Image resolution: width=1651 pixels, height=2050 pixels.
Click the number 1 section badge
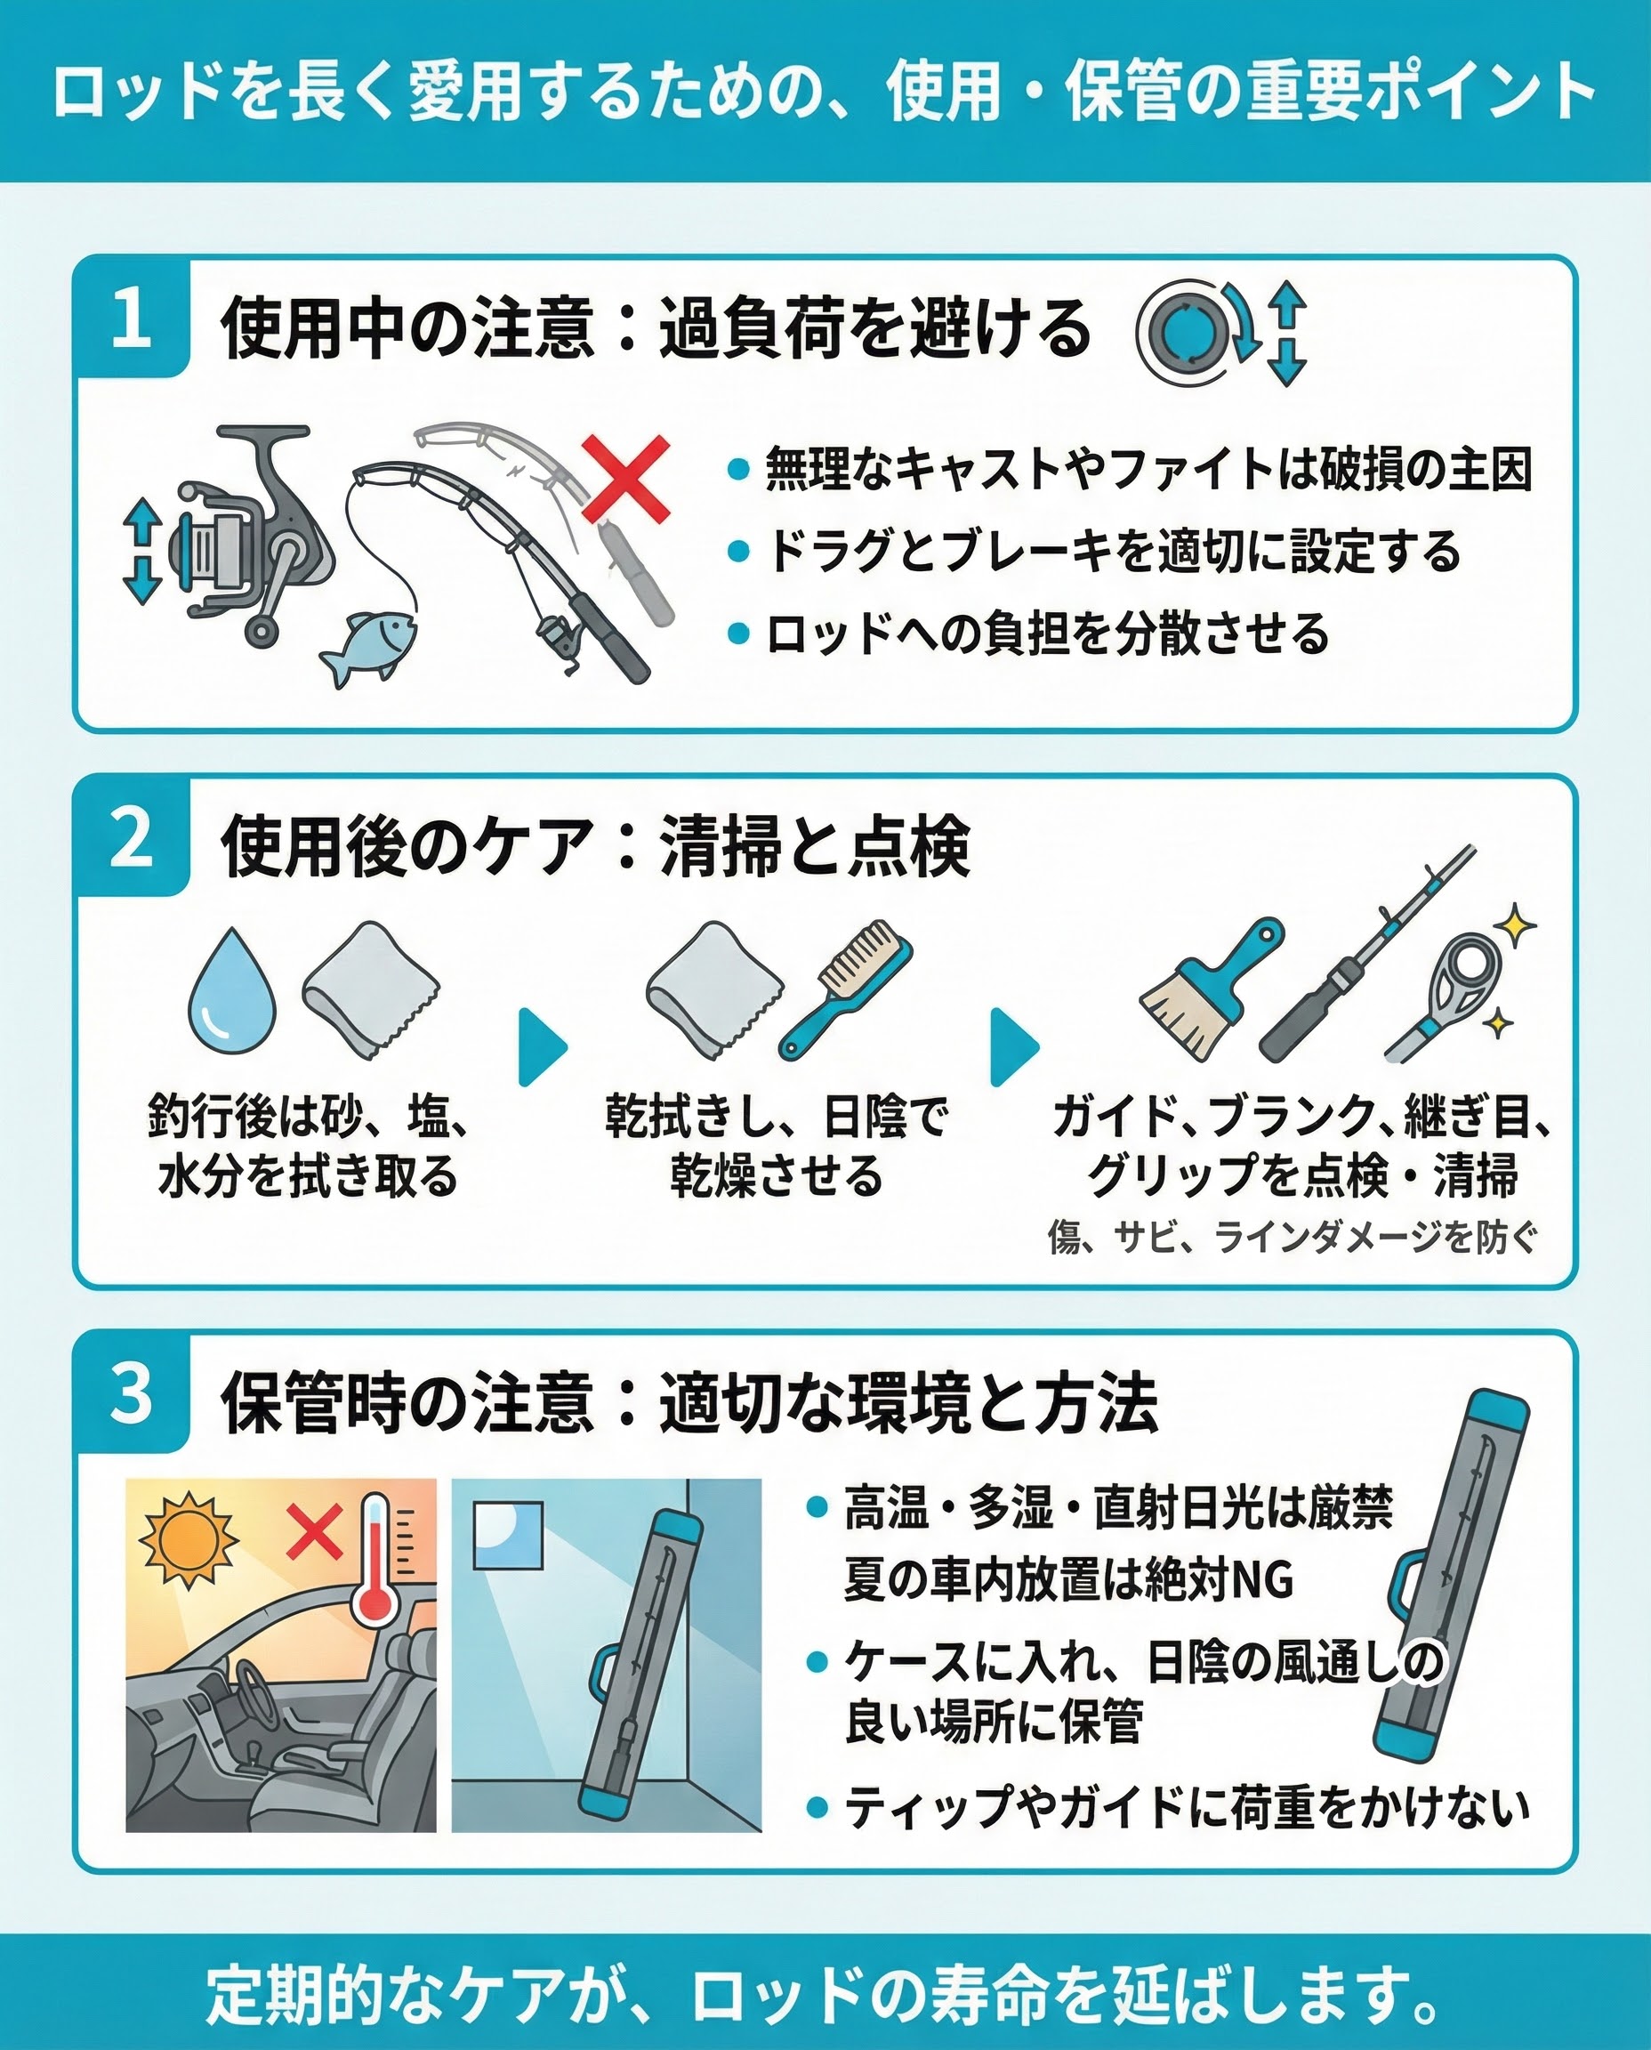pyautogui.click(x=132, y=318)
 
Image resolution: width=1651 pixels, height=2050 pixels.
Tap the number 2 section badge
pyautogui.click(x=132, y=838)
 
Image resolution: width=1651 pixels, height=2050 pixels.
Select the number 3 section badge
pyautogui.click(x=132, y=1394)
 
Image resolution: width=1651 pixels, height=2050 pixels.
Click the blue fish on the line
pyautogui.click(x=366, y=646)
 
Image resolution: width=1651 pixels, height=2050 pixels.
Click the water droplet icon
pyautogui.click(x=232, y=989)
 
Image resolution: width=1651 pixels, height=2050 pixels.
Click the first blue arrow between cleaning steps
pyautogui.click(x=543, y=1047)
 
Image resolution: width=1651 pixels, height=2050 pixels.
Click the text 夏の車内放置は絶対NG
pyautogui.click(x=1069, y=1579)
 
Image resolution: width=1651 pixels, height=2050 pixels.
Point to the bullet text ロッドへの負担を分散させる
pyautogui.click(x=1047, y=634)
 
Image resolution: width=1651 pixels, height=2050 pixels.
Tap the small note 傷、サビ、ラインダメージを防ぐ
pyautogui.click(x=1293, y=1237)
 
